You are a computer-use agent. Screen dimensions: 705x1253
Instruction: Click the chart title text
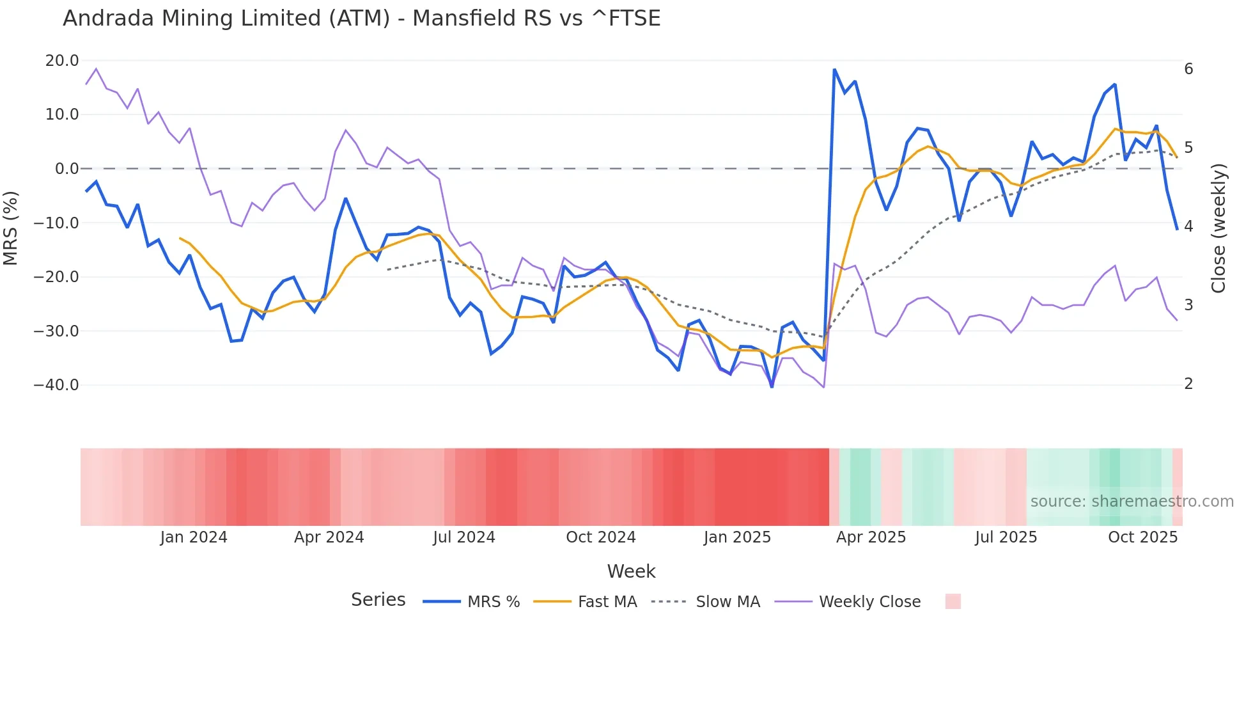[361, 19]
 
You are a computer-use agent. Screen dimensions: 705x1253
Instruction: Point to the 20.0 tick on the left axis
[62, 61]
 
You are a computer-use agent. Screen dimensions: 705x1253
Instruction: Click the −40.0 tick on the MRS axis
[56, 385]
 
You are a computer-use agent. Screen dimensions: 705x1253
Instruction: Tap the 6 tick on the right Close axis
[1188, 69]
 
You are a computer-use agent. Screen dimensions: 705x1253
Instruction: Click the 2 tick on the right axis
[1188, 384]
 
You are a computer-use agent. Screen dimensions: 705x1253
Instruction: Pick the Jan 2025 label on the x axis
[737, 537]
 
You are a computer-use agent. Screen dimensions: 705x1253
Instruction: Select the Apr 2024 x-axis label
[329, 537]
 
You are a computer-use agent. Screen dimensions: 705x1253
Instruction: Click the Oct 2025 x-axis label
[1142, 537]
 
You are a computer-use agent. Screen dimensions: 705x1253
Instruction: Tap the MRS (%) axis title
[11, 228]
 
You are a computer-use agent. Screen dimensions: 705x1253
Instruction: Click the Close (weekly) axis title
[1218, 228]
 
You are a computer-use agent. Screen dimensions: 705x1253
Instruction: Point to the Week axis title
[631, 571]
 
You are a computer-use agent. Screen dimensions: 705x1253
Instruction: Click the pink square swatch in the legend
[953, 601]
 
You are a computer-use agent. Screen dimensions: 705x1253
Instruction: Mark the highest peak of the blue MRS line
[834, 70]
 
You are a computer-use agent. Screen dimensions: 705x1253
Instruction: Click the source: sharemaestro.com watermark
[1132, 502]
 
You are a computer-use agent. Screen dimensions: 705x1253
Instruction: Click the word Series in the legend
[378, 600]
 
